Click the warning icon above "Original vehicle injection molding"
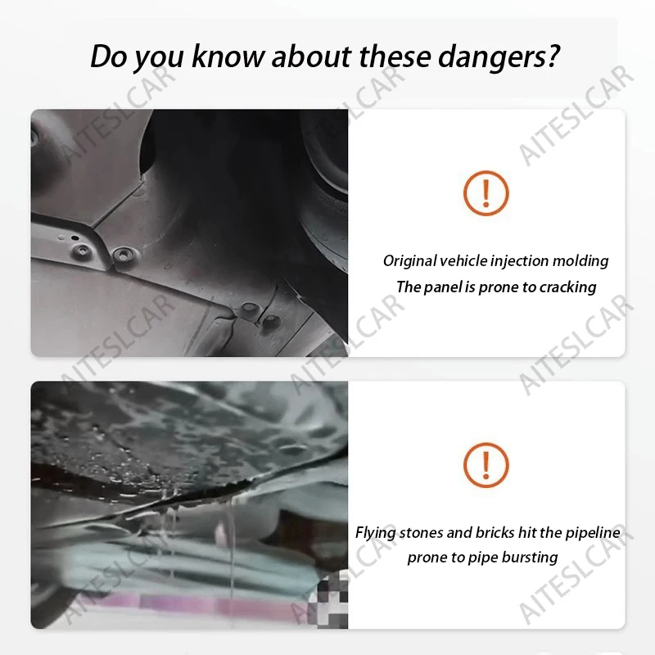(x=486, y=193)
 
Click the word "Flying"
(x=375, y=533)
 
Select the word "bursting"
(x=531, y=558)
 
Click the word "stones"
(x=422, y=532)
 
